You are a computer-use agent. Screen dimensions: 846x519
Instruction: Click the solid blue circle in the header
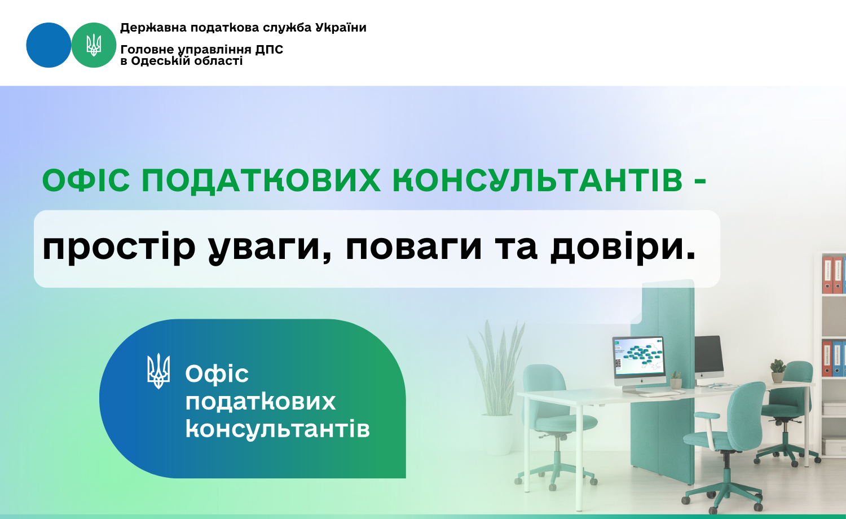(49, 45)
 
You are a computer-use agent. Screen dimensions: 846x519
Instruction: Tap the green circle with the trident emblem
(94, 45)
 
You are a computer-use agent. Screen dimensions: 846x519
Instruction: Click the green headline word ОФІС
(86, 180)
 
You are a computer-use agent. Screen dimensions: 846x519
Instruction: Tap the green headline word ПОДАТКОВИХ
(261, 181)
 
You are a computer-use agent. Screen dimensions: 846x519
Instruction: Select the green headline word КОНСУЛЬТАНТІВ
(538, 181)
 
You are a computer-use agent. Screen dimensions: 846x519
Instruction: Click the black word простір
(119, 248)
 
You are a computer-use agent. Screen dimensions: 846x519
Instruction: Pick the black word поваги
(414, 248)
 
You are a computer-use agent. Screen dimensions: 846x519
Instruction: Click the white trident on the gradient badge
(158, 371)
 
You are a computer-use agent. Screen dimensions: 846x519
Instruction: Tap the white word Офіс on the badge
(217, 374)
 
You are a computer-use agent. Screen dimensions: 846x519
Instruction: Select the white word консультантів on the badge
(277, 429)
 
